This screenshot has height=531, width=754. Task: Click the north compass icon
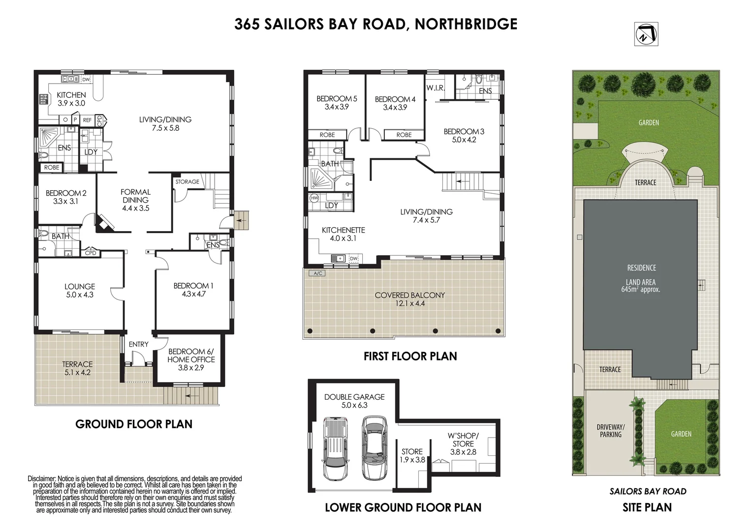(x=646, y=34)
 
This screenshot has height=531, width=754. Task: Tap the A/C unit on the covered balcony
(x=316, y=273)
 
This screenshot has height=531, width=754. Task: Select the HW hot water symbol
(x=314, y=198)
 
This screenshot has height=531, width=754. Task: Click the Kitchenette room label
(x=343, y=230)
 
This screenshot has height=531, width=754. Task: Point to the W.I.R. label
(x=436, y=88)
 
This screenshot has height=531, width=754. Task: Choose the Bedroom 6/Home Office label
(x=191, y=355)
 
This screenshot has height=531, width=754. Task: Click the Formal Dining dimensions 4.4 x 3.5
(x=135, y=208)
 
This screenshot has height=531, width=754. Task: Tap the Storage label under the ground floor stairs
(x=187, y=181)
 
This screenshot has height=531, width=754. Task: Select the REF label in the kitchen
(x=87, y=120)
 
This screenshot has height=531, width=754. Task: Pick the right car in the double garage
(x=375, y=448)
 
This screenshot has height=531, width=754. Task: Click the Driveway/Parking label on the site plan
(x=610, y=431)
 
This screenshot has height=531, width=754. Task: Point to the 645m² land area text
(x=640, y=290)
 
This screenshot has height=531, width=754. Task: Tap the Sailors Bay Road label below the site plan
(x=648, y=491)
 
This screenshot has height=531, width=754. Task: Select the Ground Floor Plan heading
(x=134, y=424)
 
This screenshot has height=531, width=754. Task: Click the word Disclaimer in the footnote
(x=42, y=478)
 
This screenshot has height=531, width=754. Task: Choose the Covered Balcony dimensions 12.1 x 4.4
(x=409, y=303)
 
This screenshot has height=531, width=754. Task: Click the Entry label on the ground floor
(x=138, y=344)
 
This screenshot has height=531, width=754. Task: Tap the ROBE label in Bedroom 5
(x=327, y=135)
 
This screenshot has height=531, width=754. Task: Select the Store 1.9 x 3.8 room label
(x=412, y=455)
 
